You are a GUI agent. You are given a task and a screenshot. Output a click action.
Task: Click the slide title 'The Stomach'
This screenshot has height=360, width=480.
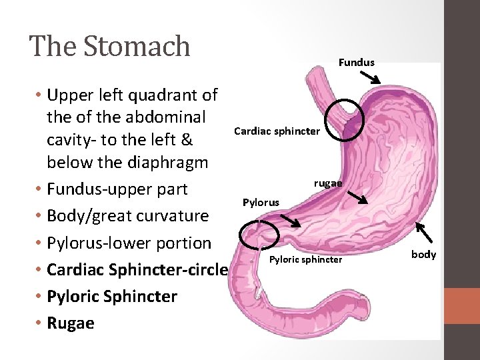[110, 46]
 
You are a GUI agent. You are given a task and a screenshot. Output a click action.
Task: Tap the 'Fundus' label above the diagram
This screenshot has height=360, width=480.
[357, 62]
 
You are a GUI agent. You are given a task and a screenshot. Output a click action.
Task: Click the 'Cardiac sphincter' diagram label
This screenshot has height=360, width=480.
[277, 131]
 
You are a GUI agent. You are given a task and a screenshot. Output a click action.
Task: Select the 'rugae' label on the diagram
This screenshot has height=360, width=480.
[328, 183]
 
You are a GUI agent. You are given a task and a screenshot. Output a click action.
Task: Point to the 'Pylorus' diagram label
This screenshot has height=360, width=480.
[261, 201]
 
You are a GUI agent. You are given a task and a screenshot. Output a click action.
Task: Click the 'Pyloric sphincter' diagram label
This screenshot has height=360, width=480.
[305, 259]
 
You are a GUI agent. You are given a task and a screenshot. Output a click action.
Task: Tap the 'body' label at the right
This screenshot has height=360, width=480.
[423, 254]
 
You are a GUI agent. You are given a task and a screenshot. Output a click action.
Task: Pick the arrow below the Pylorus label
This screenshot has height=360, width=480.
[289, 221]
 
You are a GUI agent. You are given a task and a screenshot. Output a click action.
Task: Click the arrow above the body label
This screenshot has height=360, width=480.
[424, 233]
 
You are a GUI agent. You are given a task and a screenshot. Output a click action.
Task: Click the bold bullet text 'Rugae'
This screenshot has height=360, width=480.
[71, 323]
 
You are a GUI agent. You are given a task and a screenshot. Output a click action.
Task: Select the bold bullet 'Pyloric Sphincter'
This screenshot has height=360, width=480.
[112, 296]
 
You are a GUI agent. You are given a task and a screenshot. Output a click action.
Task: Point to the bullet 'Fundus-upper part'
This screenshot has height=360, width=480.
[117, 189]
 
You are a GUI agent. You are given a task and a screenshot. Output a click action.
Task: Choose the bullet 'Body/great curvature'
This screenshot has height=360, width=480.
[128, 215]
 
